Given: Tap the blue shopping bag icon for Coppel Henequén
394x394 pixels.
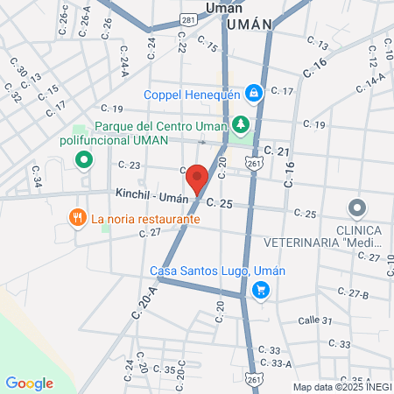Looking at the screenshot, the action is point(253,91).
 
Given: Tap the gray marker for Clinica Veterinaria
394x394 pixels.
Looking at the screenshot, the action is point(356,208).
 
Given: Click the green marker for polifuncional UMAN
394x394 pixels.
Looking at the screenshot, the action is point(84,159).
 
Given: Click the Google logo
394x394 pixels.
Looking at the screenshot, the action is point(29,383).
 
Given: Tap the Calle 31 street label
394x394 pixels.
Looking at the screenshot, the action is point(315,320).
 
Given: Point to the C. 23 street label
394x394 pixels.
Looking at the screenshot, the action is point(129,165).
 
